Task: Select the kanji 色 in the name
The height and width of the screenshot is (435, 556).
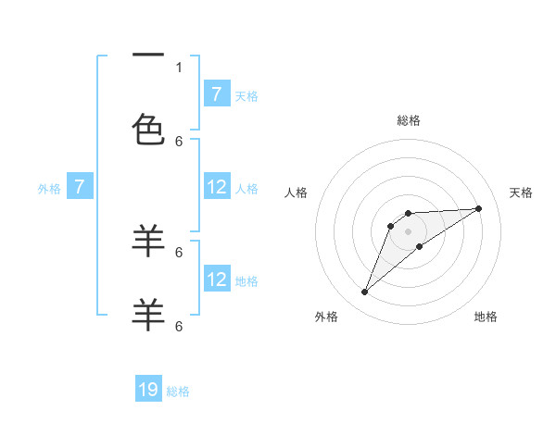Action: [148, 130]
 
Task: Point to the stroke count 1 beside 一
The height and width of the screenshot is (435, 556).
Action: [179, 67]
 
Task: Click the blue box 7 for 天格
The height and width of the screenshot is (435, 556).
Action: [217, 94]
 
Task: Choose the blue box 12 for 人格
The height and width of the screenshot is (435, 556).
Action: [217, 187]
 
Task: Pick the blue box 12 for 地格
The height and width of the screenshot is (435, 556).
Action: [217, 280]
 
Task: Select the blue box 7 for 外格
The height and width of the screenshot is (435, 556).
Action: [80, 187]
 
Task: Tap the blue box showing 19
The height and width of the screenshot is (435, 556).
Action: [148, 390]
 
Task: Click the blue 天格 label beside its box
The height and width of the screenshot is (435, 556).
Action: [246, 95]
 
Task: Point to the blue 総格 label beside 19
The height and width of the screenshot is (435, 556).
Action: [178, 391]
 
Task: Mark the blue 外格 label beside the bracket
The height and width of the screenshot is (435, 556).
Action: [49, 189]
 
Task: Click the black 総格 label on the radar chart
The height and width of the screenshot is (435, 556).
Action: [409, 120]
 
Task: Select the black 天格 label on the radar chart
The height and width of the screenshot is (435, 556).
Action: [522, 193]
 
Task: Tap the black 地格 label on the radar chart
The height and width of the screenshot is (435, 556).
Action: [486, 317]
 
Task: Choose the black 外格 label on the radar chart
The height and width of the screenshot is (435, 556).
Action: [327, 317]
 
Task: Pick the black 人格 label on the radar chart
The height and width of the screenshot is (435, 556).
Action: [297, 193]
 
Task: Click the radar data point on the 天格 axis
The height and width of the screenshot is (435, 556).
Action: [479, 208]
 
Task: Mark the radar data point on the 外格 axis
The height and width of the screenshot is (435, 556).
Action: [365, 292]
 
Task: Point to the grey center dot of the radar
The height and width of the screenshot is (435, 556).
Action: [409, 230]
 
